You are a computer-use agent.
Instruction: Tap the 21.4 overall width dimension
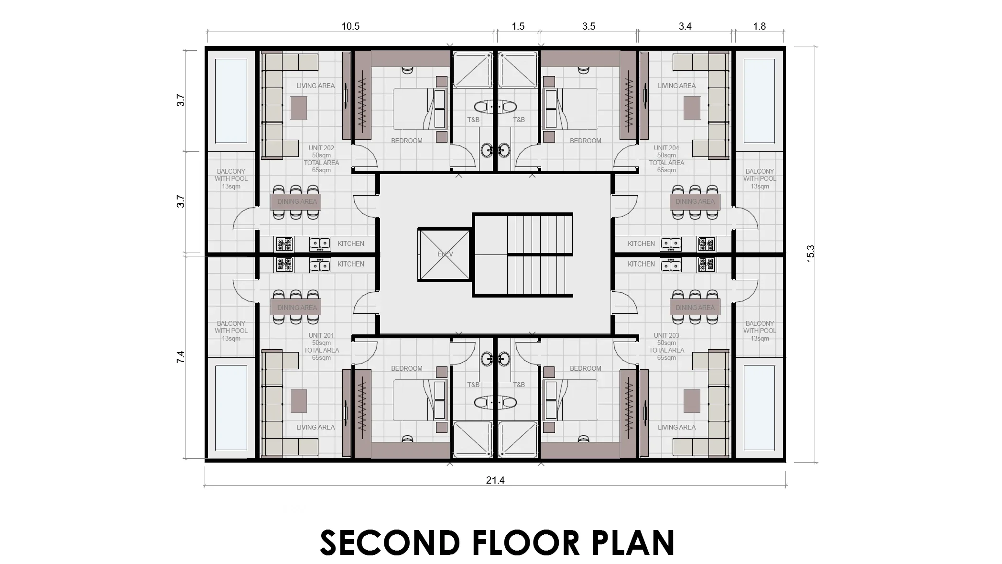495,480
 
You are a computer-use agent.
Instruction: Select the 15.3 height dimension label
810,254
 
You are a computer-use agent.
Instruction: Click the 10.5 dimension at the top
350,26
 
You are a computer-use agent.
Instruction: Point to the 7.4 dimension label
180,357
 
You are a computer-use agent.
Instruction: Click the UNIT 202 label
321,148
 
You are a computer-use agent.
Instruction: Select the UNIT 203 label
666,336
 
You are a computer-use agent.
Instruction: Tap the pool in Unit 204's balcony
759,101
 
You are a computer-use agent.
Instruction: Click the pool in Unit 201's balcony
231,408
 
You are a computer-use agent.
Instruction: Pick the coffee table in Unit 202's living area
299,108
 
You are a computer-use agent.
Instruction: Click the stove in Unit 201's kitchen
284,265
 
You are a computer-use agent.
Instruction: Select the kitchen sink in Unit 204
671,244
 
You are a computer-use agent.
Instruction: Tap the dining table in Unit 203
695,308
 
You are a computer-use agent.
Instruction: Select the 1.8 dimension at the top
759,26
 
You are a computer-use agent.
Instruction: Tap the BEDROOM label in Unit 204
585,141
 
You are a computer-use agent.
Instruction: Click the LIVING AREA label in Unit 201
315,427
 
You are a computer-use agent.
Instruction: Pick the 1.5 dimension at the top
518,26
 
